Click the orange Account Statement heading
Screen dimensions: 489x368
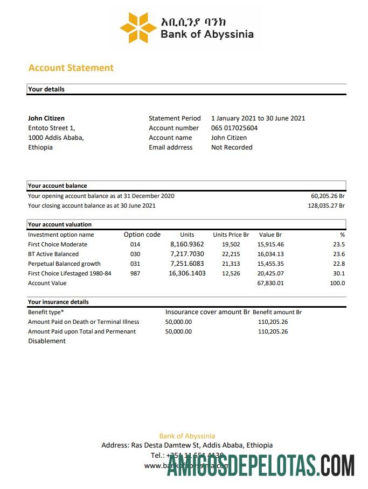tap(71, 68)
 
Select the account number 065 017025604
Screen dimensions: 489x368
tap(234, 128)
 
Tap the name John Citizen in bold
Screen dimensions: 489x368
tap(46, 118)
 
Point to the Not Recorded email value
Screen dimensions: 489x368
tap(232, 147)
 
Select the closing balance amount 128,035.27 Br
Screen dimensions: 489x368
tap(326, 205)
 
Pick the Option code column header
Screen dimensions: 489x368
tap(142, 235)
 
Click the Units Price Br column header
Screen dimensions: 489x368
tap(231, 235)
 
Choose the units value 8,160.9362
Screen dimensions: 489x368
tap(187, 244)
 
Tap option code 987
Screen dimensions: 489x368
tap(135, 273)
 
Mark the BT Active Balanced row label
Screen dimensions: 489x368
tap(53, 254)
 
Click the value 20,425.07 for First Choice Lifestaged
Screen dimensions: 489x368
tap(271, 273)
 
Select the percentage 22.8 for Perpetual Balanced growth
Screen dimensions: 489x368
tap(339, 264)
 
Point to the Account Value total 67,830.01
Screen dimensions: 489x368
tap(271, 283)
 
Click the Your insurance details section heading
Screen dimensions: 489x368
tap(58, 302)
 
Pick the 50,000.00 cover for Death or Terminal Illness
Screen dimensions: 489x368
tap(178, 322)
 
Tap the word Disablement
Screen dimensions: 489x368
tap(47, 341)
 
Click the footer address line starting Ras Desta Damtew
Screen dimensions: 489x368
tap(187, 445)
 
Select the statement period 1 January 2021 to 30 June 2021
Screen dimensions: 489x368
tap(258, 118)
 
